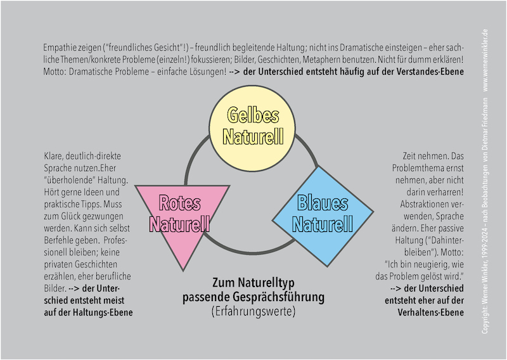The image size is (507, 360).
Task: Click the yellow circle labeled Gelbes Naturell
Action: (x=252, y=129)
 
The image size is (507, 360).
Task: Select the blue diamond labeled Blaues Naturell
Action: (x=323, y=215)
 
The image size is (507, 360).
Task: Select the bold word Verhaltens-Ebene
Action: (x=431, y=312)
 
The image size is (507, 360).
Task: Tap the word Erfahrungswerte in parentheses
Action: (x=253, y=311)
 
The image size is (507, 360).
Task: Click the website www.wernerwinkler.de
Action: (x=485, y=60)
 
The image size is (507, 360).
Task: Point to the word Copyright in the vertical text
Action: (x=485, y=318)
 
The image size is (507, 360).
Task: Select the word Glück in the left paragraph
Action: (x=70, y=216)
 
